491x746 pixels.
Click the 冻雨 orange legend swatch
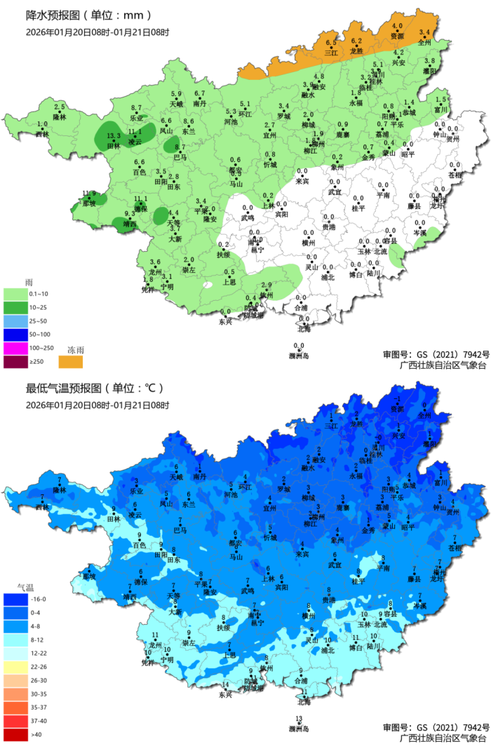70,361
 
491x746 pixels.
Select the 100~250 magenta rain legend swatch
15,348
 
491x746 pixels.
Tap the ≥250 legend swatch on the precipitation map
15,362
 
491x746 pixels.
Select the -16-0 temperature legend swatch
15,600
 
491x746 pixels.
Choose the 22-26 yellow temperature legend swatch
15,667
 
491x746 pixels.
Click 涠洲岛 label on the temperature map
299,728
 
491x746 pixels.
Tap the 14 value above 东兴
225,685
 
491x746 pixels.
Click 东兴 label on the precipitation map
225,322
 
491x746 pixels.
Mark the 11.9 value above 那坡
89,194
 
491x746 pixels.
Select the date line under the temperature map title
97,405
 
